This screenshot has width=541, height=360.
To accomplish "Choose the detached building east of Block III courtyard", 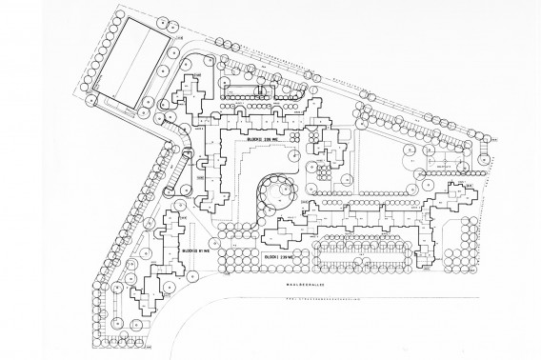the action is point(330,152).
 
